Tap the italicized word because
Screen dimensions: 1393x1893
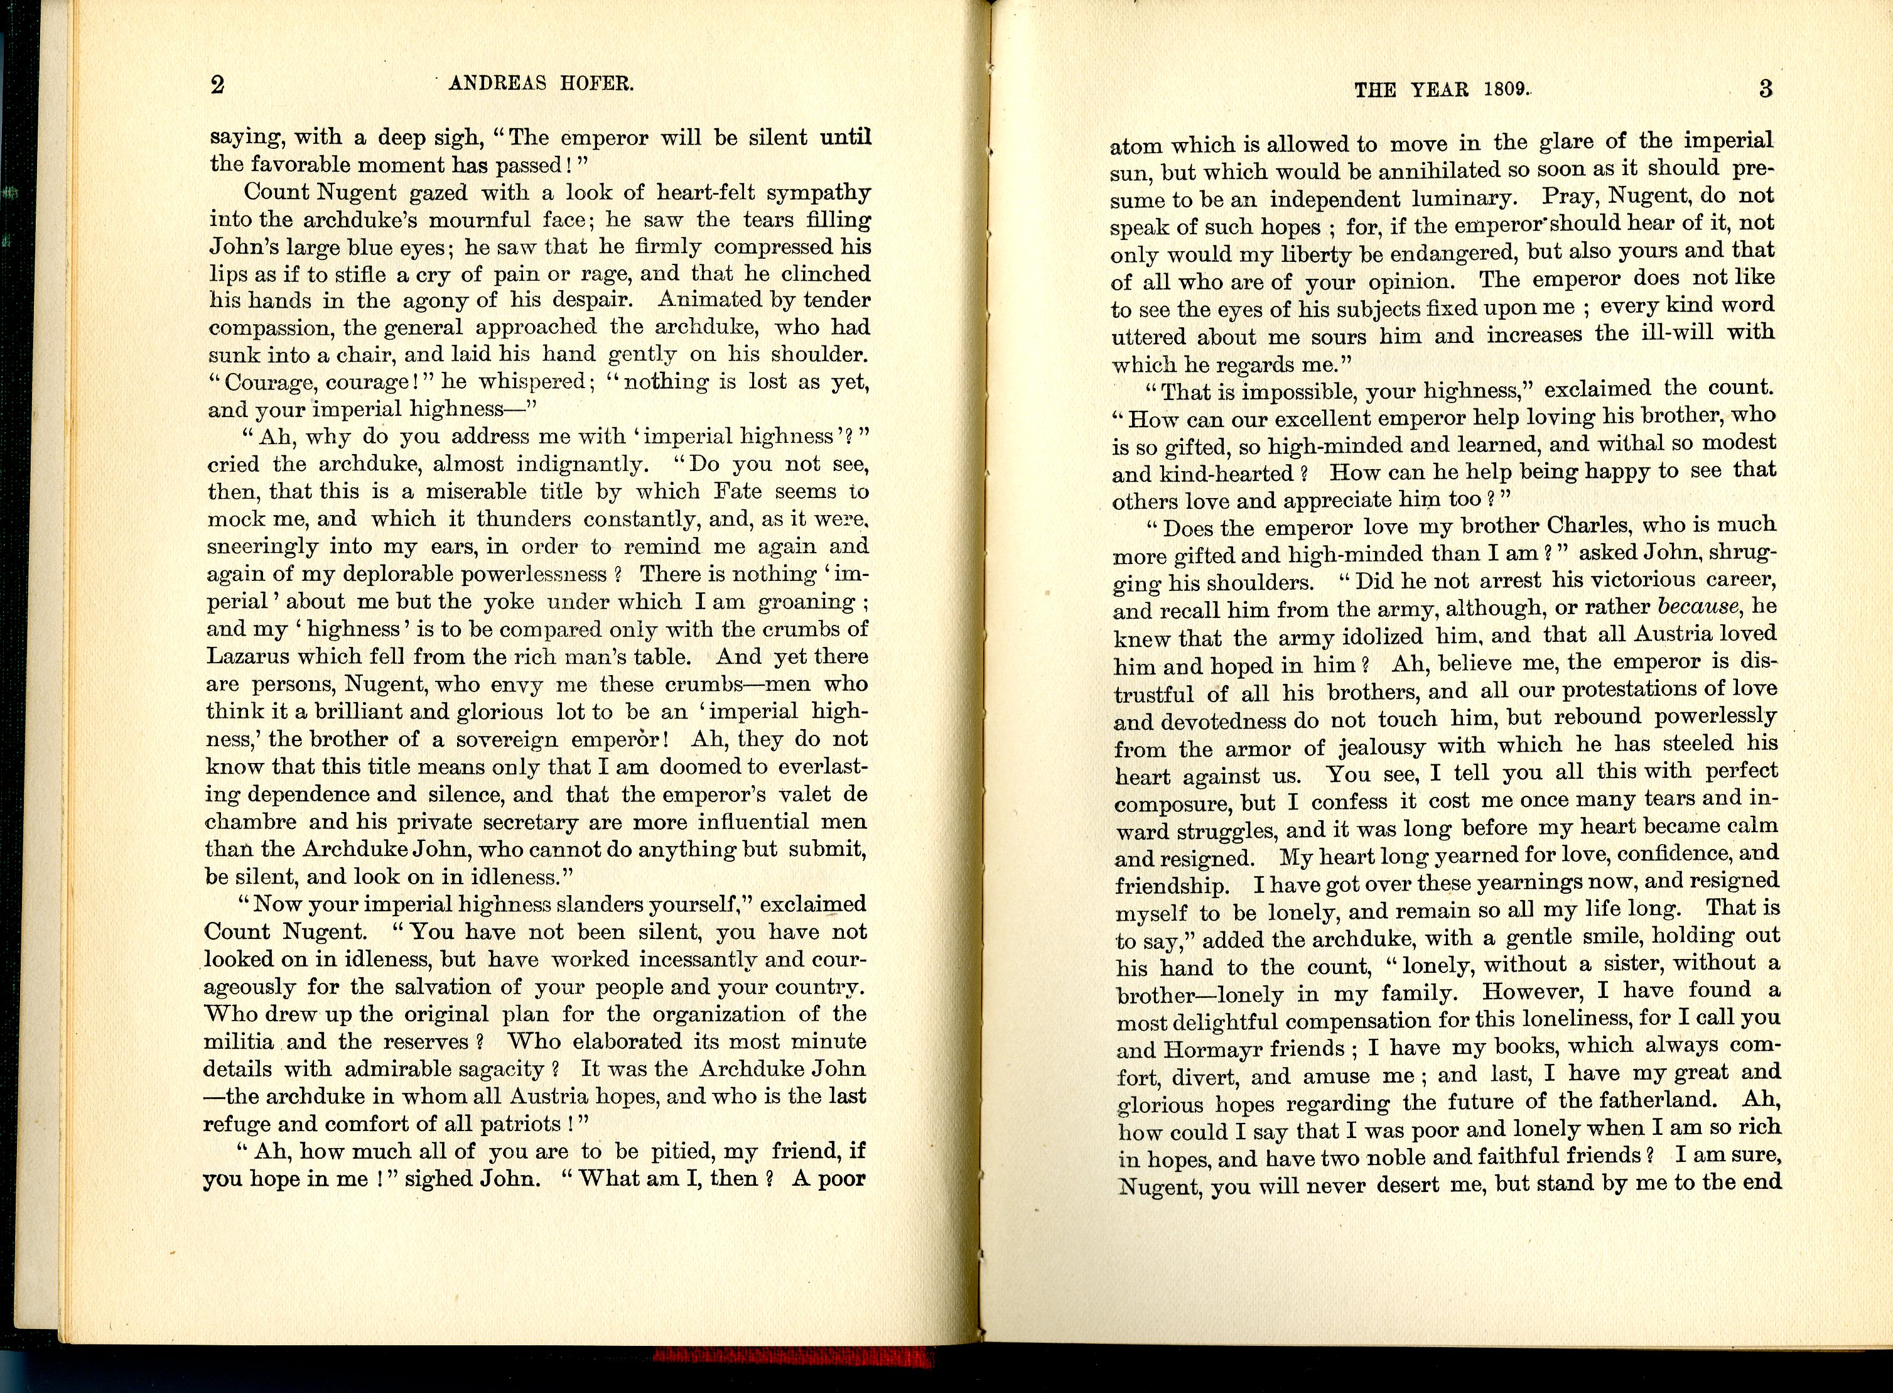click(x=1698, y=606)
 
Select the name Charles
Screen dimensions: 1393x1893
click(x=1590, y=524)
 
